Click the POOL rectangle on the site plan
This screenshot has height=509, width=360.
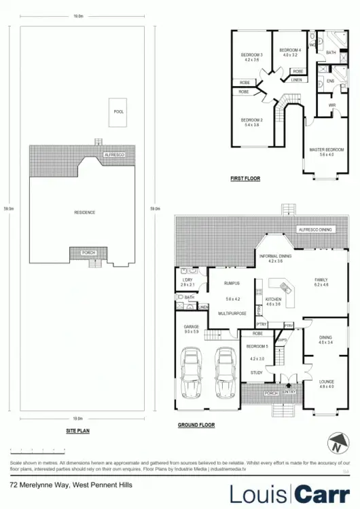click(x=119, y=113)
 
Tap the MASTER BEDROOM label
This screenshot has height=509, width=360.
click(x=322, y=149)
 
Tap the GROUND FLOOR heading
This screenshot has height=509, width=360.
click(x=196, y=425)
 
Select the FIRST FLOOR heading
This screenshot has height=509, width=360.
click(x=245, y=178)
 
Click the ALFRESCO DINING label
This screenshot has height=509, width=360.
click(x=316, y=230)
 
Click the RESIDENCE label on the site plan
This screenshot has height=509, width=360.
click(x=84, y=212)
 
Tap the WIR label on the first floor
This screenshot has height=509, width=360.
click(x=331, y=105)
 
